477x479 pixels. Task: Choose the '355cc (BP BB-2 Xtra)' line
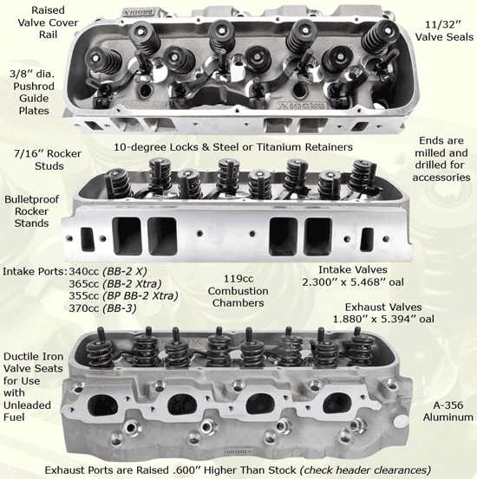coord(134,296)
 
